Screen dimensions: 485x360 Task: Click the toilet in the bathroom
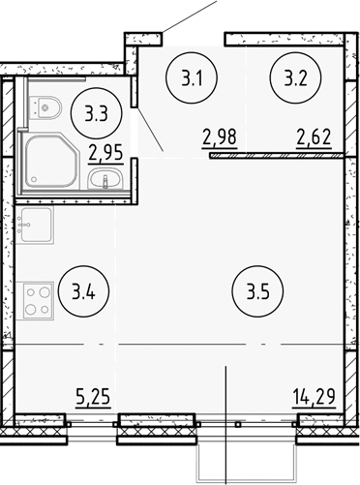pos(47,107)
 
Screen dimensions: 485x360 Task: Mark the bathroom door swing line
pos(150,131)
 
